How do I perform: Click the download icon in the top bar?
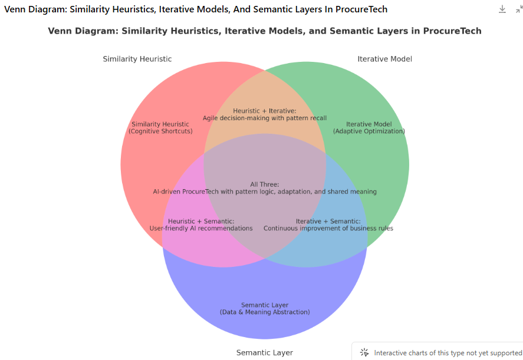[502, 9]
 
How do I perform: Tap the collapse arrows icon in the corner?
[519, 9]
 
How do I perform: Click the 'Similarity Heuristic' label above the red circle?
[137, 59]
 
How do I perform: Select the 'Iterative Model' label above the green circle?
[384, 59]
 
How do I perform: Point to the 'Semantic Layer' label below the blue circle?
[265, 353]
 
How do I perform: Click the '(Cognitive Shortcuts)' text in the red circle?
[160, 131]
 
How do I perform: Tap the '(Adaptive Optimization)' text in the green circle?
[369, 131]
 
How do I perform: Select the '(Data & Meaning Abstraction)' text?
[265, 312]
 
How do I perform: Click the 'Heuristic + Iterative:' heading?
[265, 111]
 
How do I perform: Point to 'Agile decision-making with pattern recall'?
[265, 118]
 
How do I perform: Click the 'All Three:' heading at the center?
[265, 184]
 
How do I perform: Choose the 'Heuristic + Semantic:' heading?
[201, 221]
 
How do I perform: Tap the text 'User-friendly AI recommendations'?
[201, 229]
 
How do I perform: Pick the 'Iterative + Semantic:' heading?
[328, 221]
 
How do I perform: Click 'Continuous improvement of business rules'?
[328, 229]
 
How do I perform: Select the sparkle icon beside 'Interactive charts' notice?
[364, 352]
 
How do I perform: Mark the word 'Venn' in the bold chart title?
[60, 31]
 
